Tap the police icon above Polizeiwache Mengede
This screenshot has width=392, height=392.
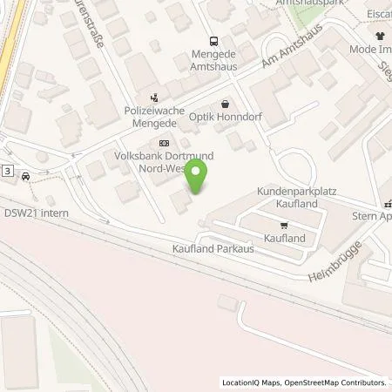click(x=154, y=98)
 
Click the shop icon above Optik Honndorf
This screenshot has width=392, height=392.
click(x=226, y=103)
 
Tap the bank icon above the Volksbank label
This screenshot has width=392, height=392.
click(x=163, y=143)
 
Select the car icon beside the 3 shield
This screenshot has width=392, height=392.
click(x=26, y=175)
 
